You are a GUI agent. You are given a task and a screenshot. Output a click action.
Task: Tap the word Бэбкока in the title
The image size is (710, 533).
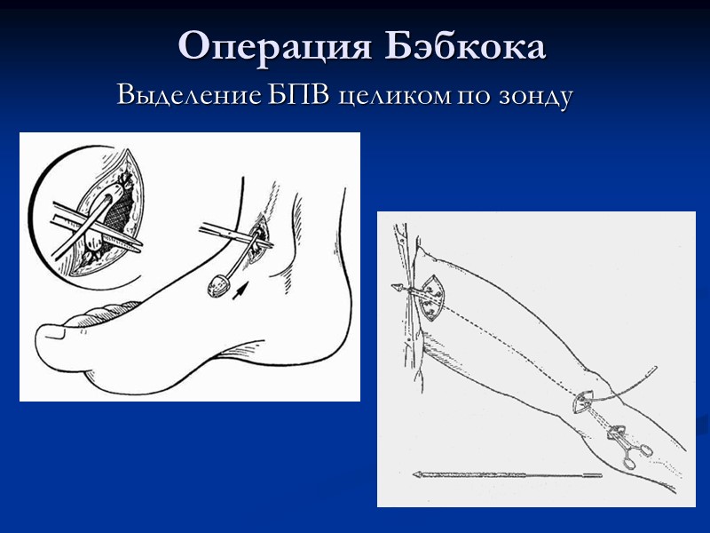pos(465,45)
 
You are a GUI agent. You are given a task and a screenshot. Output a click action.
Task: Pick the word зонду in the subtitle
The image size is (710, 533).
pos(532,94)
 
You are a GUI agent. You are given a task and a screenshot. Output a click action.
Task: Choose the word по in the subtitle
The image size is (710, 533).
pos(469,95)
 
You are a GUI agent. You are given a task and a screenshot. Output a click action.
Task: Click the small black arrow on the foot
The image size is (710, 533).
pos(240,291)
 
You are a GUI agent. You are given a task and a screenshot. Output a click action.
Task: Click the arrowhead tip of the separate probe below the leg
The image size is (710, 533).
pos(416,475)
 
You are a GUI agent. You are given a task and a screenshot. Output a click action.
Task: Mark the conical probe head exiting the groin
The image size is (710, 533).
pos(398,287)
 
